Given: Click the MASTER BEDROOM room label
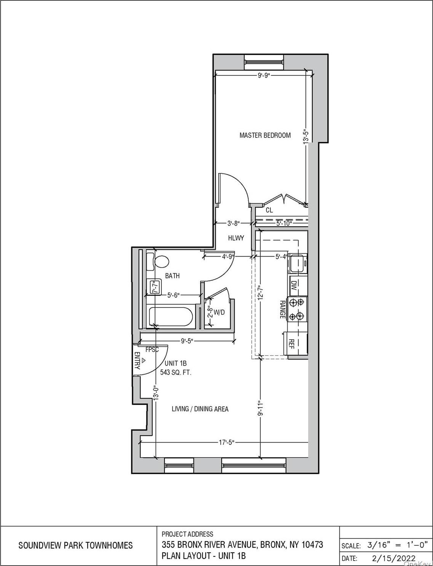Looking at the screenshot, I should click(265, 135).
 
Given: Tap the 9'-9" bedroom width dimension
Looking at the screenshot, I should click(264, 75).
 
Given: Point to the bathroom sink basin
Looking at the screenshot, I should click(154, 285).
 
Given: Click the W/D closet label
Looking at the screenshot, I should click(219, 313).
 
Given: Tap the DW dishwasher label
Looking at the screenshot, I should click(294, 286).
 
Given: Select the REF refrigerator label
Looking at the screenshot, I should click(292, 344).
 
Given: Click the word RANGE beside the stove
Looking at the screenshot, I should click(283, 309).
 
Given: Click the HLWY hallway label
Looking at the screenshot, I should click(236, 238).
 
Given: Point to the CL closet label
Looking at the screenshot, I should click(269, 210).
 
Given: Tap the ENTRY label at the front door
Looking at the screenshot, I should click(137, 361).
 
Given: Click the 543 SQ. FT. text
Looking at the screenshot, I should click(176, 372).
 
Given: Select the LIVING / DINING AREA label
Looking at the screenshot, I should click(200, 409).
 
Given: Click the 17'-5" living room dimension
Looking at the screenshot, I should click(226, 443).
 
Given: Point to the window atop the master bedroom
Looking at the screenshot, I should click(264, 60).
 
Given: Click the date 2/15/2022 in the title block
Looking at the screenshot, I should click(393, 558).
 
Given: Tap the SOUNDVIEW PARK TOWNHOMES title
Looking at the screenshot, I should click(75, 545).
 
